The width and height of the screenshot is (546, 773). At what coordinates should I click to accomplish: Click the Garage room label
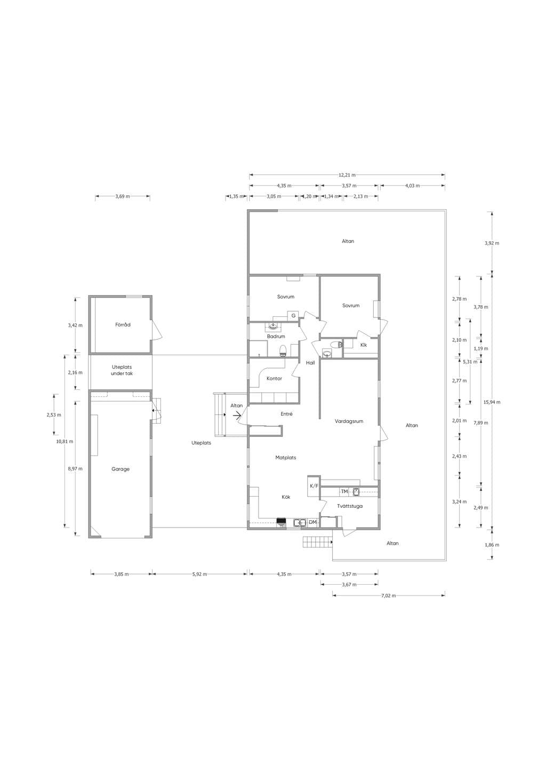click(121, 469)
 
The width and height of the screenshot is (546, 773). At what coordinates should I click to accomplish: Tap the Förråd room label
click(123, 325)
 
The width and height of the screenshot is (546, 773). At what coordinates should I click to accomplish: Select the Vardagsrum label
click(349, 421)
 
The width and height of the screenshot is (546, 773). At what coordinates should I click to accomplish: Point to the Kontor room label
click(274, 379)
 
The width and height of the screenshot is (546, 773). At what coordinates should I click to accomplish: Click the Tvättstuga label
click(350, 506)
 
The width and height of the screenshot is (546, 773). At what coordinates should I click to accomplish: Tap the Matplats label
click(286, 458)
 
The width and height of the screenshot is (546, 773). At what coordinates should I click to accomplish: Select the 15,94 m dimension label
click(492, 402)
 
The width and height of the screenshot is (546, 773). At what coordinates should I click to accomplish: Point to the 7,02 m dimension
click(388, 595)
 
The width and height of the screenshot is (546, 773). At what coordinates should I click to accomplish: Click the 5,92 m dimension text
click(199, 574)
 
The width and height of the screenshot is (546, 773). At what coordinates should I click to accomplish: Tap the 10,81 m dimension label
click(65, 441)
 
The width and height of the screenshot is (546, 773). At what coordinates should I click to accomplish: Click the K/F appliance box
click(314, 486)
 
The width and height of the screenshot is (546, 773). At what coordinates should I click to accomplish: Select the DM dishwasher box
click(312, 522)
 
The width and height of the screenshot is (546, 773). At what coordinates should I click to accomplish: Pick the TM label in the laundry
click(344, 491)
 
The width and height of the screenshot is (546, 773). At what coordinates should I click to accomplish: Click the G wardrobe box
click(293, 315)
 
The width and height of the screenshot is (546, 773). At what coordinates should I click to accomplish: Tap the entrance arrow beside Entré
click(237, 416)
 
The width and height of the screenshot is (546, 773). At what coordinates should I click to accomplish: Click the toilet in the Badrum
click(283, 350)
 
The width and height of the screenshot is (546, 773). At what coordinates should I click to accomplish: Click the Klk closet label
click(364, 345)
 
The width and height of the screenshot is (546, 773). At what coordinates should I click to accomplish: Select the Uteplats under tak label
click(122, 370)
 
